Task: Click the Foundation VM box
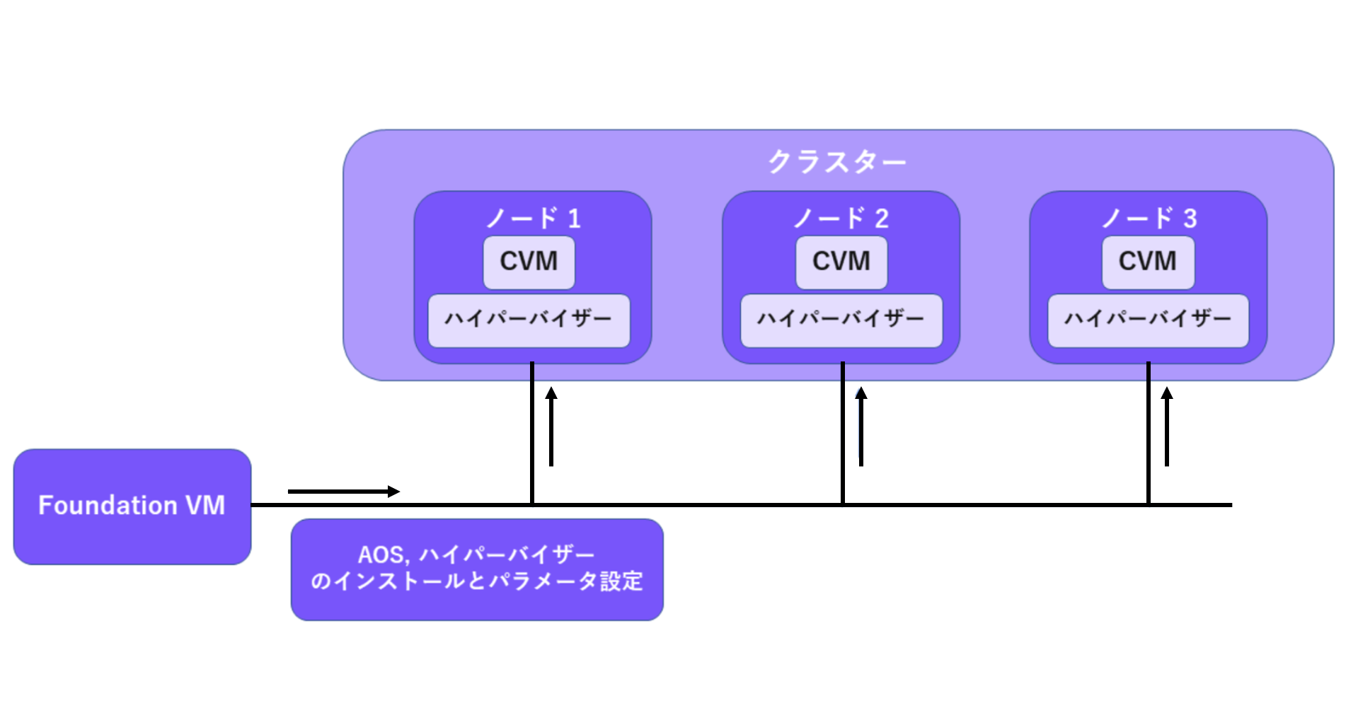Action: coord(132,506)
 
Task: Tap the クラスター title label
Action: coord(837,162)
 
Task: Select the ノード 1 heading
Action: coord(533,218)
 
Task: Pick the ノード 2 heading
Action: coord(841,218)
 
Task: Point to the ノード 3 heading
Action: coord(1149,218)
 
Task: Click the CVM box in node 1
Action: coord(529,262)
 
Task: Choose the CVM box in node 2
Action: coord(841,262)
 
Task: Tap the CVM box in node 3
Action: coord(1148,262)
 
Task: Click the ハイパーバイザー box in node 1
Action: coord(529,320)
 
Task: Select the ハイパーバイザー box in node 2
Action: coord(841,320)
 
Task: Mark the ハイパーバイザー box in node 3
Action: coord(1148,320)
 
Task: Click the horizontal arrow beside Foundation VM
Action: coord(344,491)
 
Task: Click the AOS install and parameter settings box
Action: coord(477,569)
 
